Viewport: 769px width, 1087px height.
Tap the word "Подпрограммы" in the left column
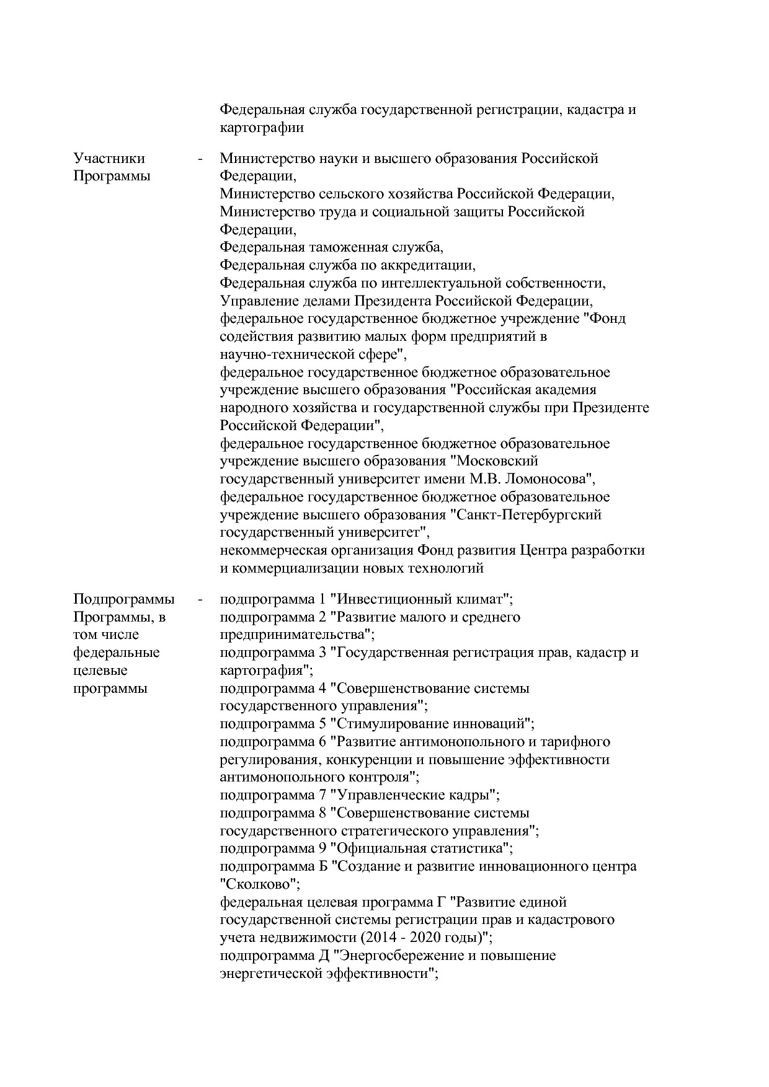pos(124,599)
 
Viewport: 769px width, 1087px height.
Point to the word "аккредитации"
pos(427,266)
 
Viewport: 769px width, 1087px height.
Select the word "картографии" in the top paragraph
pos(262,128)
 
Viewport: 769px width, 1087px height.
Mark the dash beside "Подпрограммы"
pos(200,600)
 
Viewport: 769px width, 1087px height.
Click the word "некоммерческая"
pos(272,550)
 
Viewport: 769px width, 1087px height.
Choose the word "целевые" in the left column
pos(100,671)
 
